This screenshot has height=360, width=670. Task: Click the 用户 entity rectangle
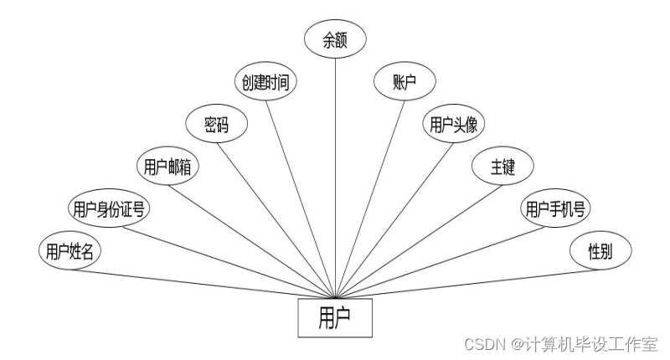click(x=335, y=317)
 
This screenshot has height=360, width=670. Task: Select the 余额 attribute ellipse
click(x=335, y=40)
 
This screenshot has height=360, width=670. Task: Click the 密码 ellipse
click(x=216, y=125)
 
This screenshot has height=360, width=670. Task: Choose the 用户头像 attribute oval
click(x=453, y=125)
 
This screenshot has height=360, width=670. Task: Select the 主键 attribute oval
click(x=502, y=167)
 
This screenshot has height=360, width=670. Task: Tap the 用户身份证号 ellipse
click(x=109, y=208)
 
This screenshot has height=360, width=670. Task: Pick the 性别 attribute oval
click(x=600, y=250)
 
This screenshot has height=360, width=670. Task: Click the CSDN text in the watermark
click(x=481, y=343)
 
